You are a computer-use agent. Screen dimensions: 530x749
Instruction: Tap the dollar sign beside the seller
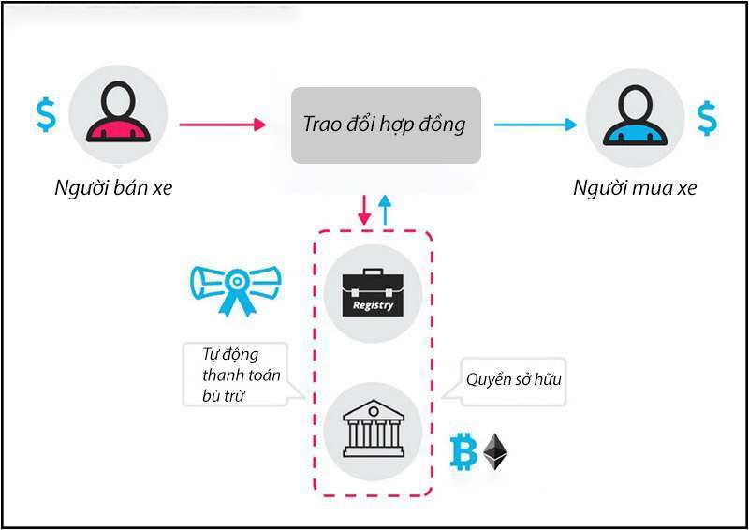coord(45,113)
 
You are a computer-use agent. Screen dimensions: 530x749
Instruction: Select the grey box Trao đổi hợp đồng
coord(386,125)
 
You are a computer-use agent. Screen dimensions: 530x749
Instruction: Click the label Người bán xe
coord(113,188)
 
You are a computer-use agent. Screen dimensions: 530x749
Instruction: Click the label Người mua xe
coord(635,188)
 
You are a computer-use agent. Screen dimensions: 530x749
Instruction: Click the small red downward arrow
coord(365,209)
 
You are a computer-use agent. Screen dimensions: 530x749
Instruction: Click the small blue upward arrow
coord(384,209)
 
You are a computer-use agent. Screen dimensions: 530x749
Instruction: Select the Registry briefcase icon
coord(373,293)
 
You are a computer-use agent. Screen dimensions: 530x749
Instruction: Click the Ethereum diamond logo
coord(494,451)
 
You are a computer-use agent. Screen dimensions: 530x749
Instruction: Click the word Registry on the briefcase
coord(373,305)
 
